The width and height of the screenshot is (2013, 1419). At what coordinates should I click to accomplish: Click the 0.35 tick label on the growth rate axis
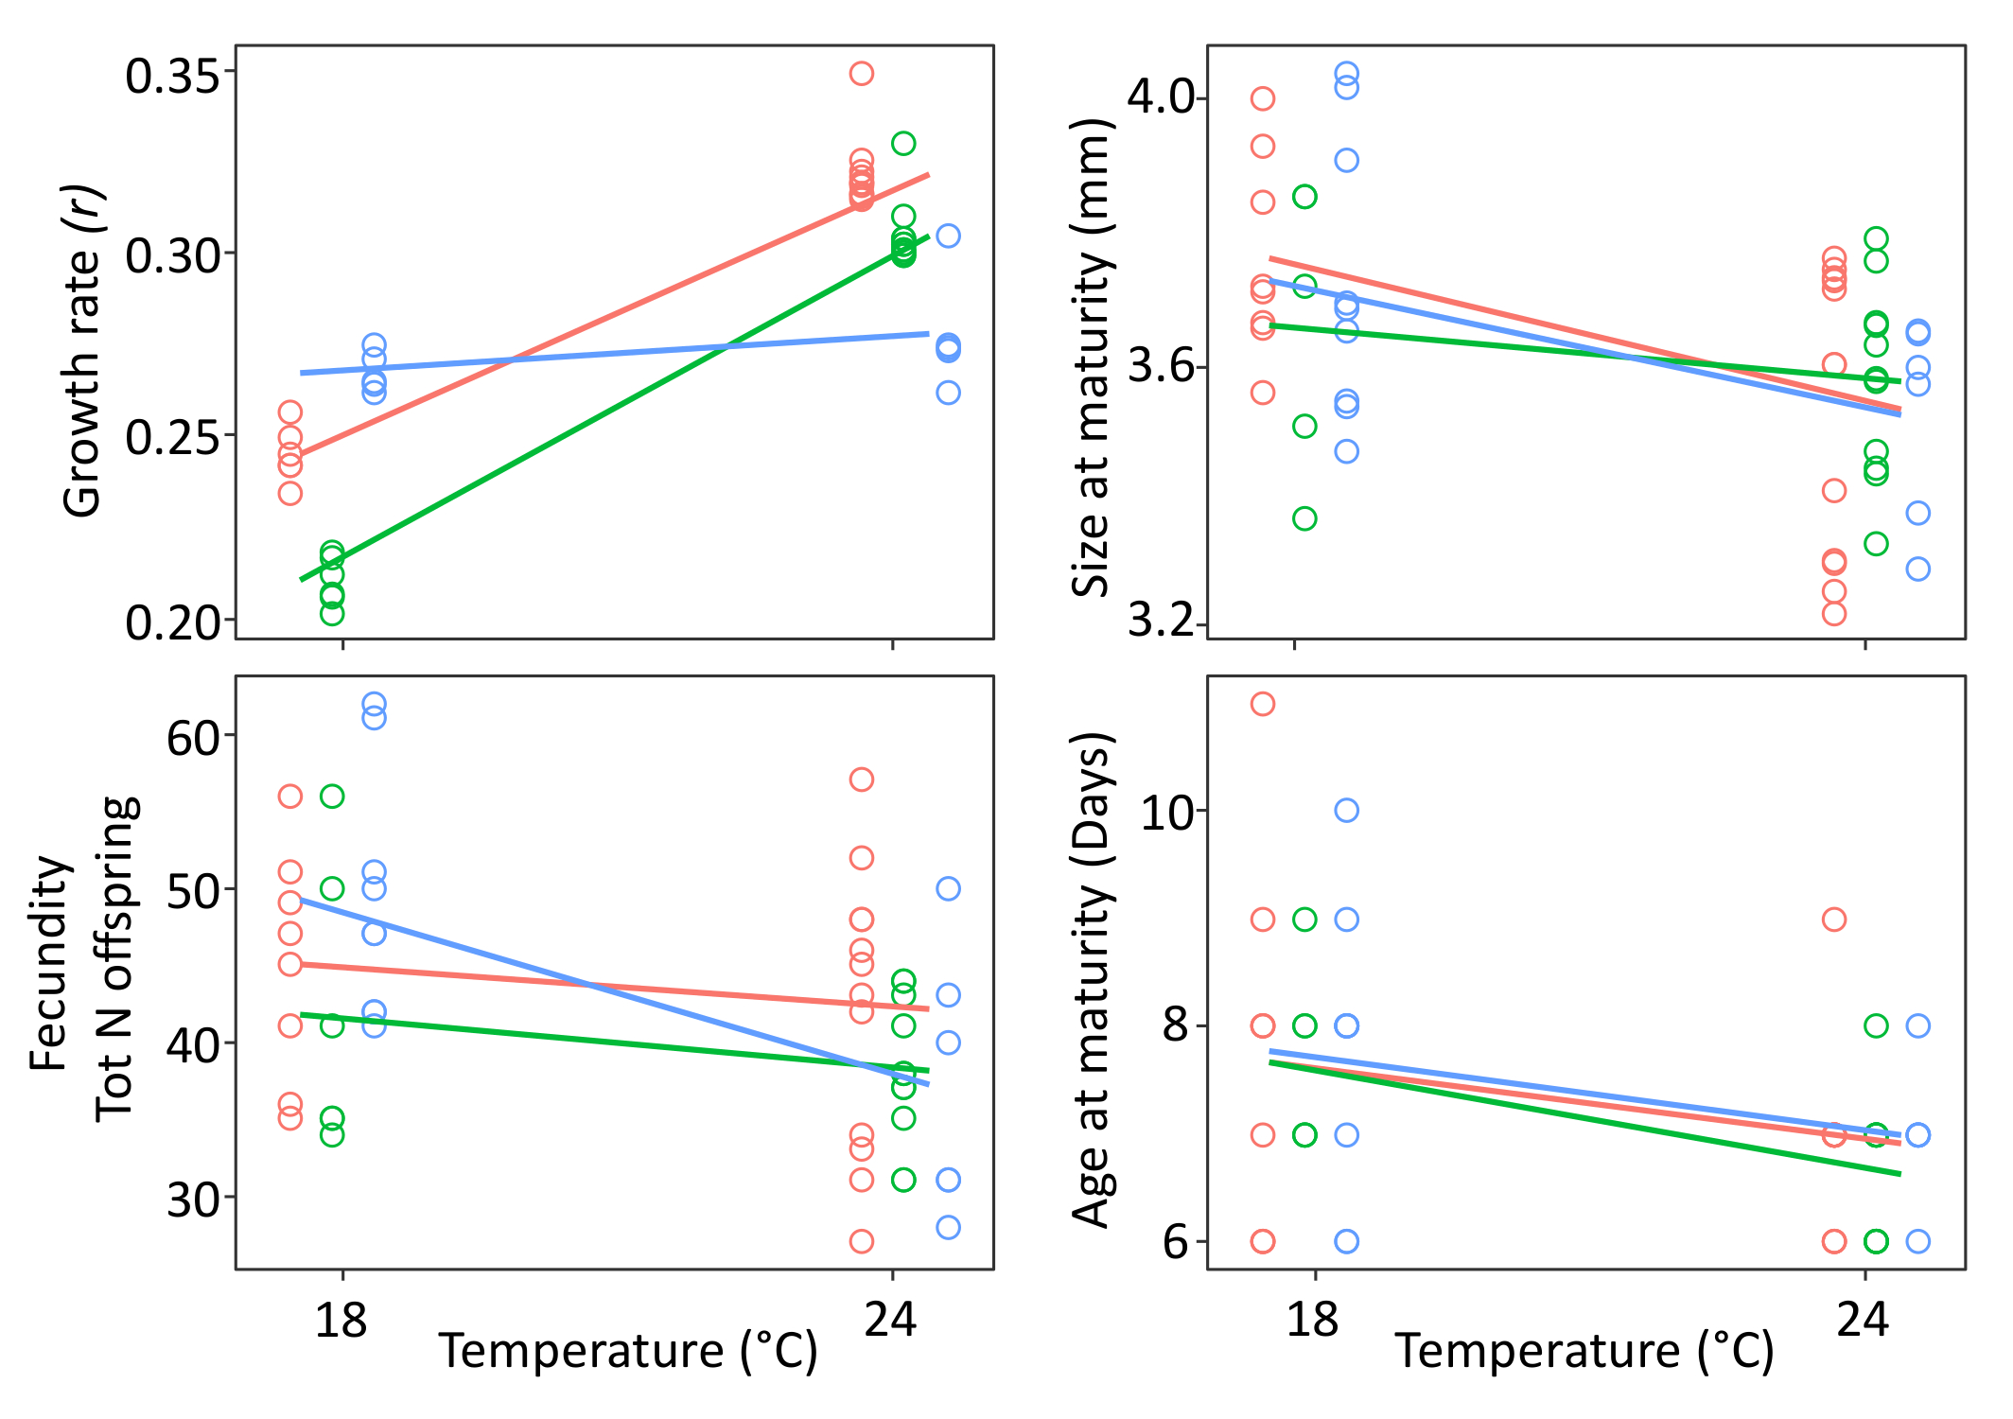(173, 76)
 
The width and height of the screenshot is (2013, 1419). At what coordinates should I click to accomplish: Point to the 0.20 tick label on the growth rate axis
(173, 622)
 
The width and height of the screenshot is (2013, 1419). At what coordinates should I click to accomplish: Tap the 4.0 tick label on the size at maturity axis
(1161, 97)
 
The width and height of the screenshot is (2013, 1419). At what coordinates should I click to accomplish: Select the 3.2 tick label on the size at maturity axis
(1161, 621)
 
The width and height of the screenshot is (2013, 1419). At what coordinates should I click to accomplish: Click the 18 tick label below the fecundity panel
(341, 1319)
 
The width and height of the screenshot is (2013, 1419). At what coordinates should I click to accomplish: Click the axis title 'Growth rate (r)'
(83, 350)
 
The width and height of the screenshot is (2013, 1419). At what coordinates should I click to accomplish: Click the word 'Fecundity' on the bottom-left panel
(49, 963)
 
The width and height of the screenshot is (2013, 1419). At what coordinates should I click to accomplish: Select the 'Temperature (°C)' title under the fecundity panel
(627, 1351)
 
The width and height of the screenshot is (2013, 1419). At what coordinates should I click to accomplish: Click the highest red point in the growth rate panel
(861, 74)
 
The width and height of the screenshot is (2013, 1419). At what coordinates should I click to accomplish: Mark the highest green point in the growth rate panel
(903, 144)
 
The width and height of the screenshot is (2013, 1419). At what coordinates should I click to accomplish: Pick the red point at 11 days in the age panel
(1263, 704)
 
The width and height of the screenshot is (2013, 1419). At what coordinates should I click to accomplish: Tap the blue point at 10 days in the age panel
(1346, 811)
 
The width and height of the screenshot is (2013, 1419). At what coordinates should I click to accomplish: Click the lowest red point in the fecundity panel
(861, 1241)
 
